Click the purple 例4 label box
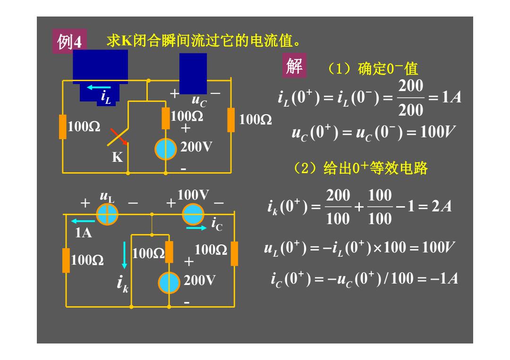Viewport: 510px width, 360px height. (69, 41)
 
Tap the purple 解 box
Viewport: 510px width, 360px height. (294, 66)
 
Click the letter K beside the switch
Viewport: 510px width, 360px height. (118, 157)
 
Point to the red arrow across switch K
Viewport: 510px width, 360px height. (119, 136)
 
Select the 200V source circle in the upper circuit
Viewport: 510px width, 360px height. (166, 149)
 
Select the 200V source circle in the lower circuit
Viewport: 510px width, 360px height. (169, 283)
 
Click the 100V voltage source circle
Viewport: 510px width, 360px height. (193, 214)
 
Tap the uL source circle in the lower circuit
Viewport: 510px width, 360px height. (107, 214)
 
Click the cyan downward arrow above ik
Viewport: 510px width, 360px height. (124, 255)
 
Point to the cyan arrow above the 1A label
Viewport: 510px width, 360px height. (83, 221)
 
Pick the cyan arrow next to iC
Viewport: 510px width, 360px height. (196, 228)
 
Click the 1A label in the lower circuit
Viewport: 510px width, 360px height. (83, 233)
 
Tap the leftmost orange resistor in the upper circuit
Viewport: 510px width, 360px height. (63, 127)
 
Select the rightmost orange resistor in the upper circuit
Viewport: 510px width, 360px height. (231, 120)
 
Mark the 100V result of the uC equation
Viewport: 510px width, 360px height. (438, 132)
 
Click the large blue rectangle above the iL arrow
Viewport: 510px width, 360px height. (100, 67)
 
